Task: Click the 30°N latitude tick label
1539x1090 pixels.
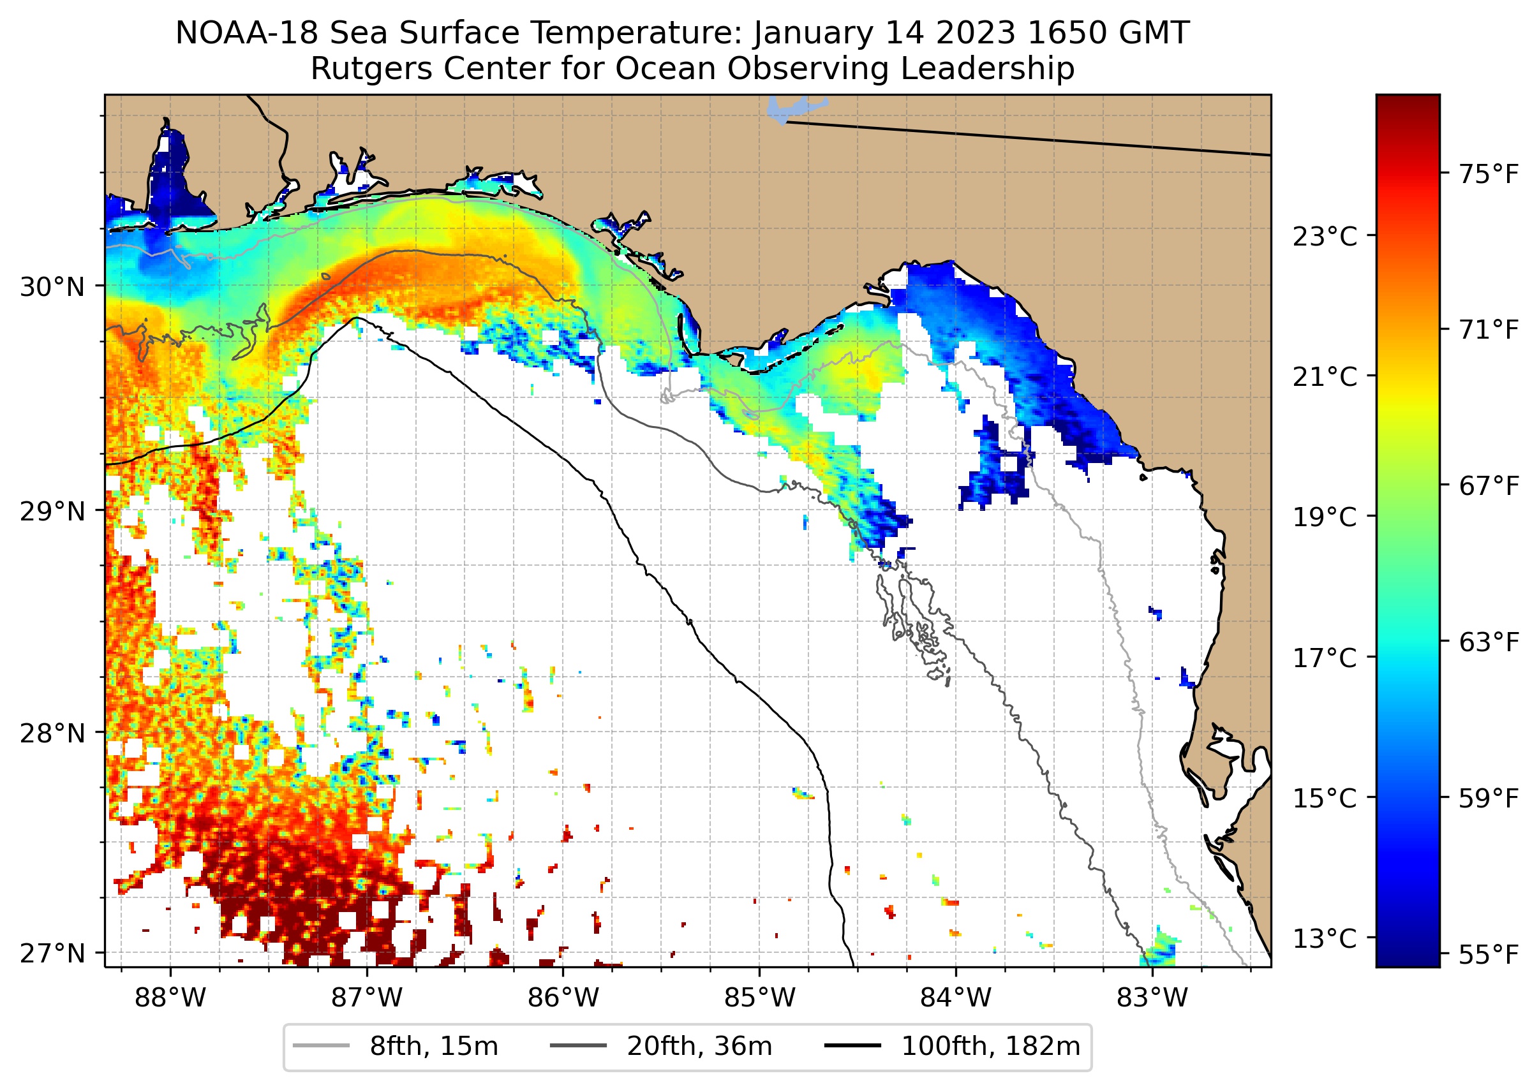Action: (52, 287)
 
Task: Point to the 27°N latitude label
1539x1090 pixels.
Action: (52, 953)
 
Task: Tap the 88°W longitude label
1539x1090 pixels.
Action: (170, 998)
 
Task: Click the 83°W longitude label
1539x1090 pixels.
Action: (1152, 998)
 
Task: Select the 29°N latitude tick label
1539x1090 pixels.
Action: (52, 512)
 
